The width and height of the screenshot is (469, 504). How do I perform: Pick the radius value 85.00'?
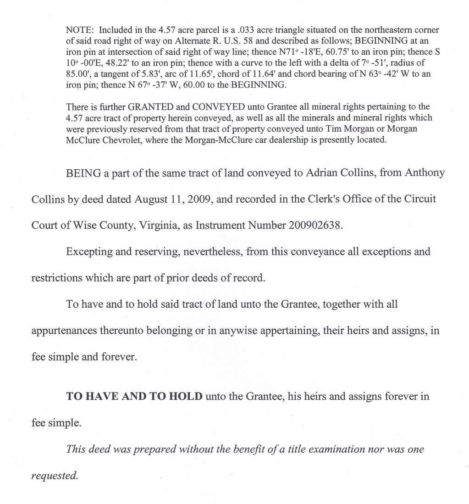(x=79, y=73)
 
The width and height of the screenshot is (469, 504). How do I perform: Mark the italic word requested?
(x=54, y=476)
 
